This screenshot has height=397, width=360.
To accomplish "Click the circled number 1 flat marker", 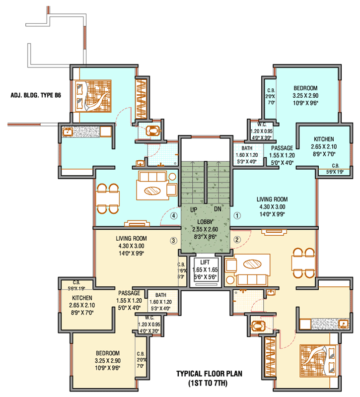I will point(237,216).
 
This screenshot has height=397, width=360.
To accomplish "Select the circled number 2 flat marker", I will point(237,239).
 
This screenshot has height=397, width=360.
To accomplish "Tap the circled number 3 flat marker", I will point(173,241).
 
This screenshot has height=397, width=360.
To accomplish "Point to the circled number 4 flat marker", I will point(173,216).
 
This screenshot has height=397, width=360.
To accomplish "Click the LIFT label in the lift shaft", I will point(204,263).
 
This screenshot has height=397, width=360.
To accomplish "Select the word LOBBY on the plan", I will point(205,222).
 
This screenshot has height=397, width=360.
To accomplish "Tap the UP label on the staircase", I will point(194,210).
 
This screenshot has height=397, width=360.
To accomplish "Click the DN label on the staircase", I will point(217,210).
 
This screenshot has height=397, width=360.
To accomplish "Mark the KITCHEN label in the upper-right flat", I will point(324,139).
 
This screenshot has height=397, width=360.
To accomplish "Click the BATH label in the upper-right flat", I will point(247,148).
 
